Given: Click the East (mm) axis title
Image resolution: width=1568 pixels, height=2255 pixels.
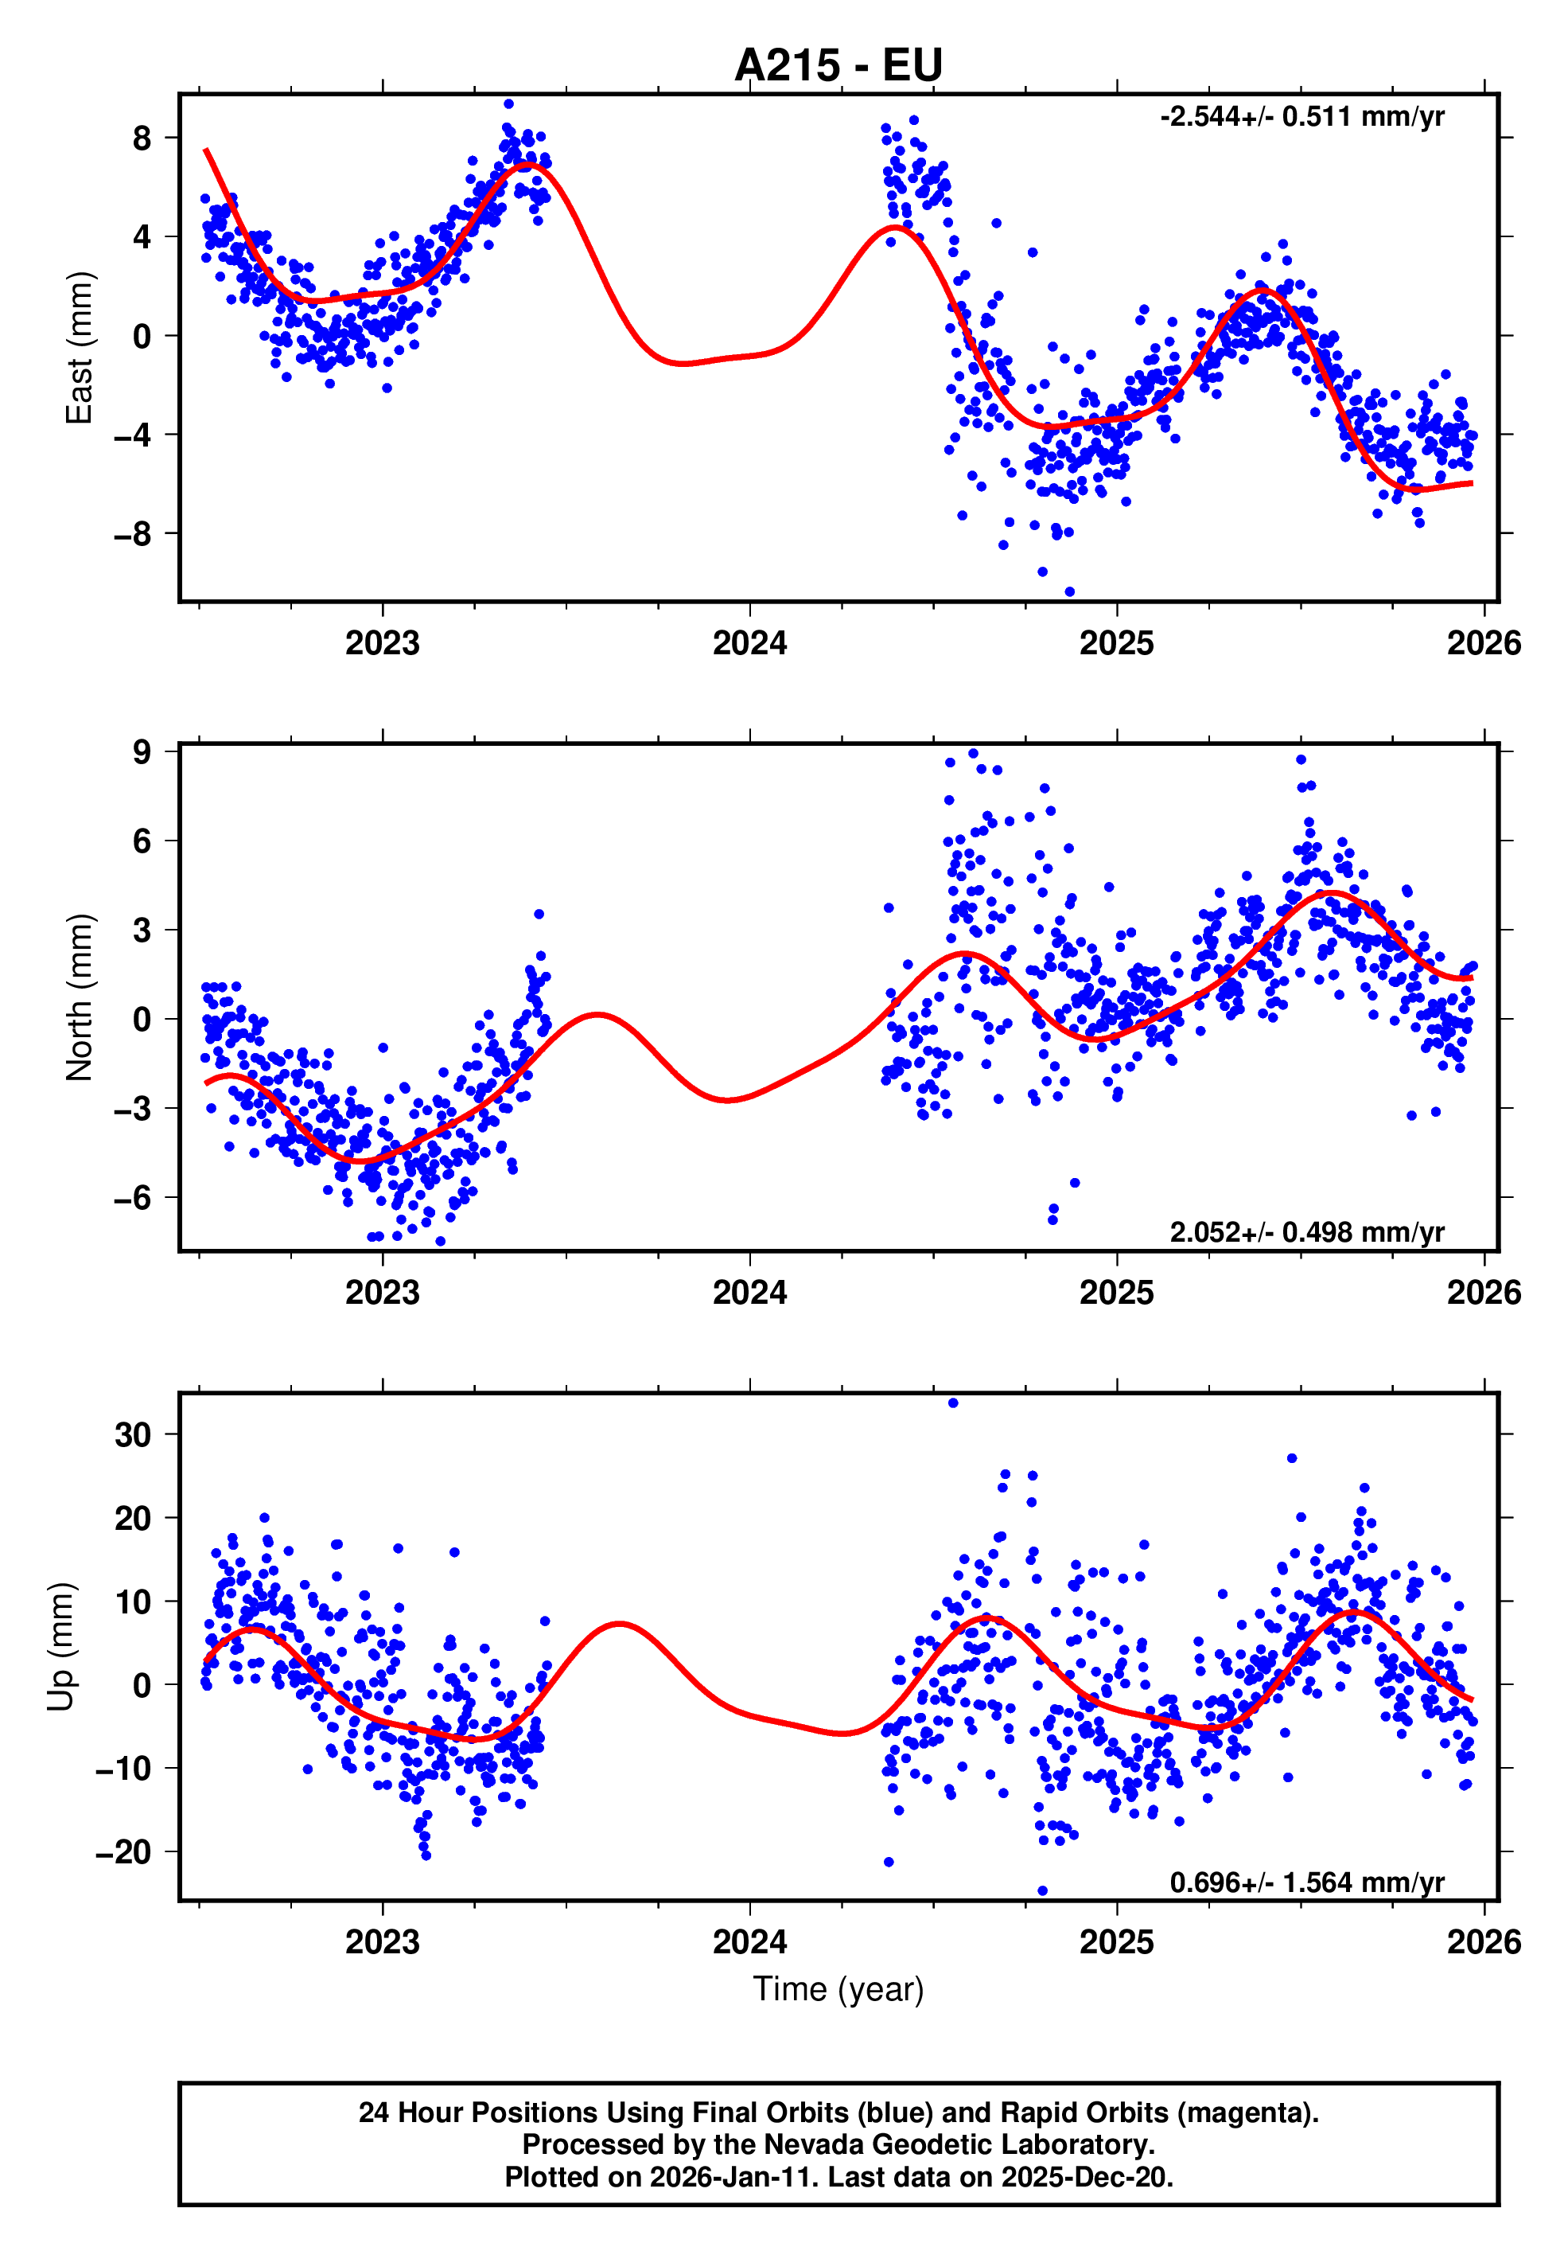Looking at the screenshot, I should point(79,348).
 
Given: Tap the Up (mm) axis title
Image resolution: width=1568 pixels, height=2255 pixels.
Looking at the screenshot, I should point(61,1647).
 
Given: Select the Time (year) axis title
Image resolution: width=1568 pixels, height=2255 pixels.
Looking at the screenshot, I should point(838,1989).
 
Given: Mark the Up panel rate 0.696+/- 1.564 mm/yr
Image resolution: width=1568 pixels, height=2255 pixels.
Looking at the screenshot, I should point(1305,1882).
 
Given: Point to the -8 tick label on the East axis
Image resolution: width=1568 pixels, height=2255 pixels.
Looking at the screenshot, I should point(133,534).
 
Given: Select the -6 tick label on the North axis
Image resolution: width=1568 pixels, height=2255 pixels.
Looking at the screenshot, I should point(133,1198).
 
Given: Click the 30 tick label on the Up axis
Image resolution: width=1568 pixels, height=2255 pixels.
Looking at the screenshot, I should point(133,1435).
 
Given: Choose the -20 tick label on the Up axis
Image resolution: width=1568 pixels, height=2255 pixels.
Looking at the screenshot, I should point(124,1852).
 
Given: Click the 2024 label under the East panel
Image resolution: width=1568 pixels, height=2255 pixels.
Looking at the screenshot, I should point(749,643).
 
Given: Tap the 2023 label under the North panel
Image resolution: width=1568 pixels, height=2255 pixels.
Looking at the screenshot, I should point(382,1293).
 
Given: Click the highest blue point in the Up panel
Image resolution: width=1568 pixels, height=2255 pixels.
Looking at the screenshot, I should point(952,1403).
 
